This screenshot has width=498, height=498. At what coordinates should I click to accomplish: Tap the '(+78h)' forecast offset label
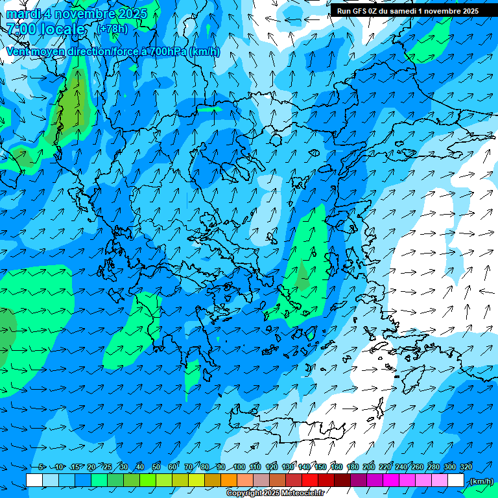coord(113,29)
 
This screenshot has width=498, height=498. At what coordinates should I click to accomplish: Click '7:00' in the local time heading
coord(21,29)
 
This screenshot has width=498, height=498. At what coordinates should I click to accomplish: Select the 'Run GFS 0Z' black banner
coord(407,10)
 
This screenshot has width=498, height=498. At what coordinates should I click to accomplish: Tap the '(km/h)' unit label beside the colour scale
coord(480,480)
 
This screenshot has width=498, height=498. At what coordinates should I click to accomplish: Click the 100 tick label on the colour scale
coord(239,467)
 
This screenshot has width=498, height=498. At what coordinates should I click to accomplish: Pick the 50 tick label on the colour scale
coord(156,467)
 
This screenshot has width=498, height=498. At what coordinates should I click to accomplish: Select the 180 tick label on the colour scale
coord(353,467)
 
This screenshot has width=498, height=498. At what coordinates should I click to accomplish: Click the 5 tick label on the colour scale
coord(42,467)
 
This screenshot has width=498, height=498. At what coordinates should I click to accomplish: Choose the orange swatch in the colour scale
coord(229,480)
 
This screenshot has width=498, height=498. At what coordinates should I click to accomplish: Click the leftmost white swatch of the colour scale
coord(34,480)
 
